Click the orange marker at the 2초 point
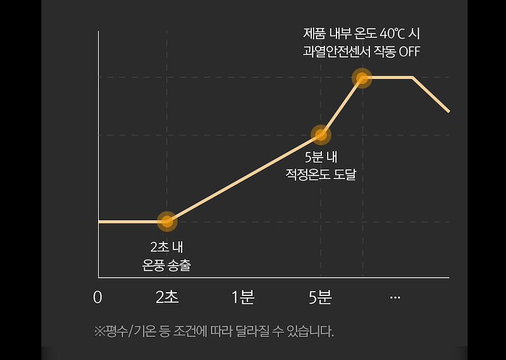tap(166, 221)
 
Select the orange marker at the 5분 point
tap(321, 134)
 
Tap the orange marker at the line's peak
tap(362, 78)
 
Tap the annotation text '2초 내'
tap(166, 247)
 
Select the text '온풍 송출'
tap(166, 265)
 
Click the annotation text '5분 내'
tap(321, 157)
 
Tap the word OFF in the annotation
tap(409, 51)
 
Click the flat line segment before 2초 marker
tap(130, 221)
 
